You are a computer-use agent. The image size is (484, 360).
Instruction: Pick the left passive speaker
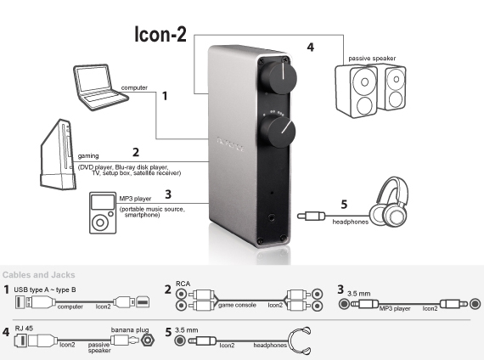(x=358, y=90)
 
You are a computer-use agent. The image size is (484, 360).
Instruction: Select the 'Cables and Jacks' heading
(x=39, y=274)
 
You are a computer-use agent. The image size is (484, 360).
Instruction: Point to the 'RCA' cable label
(x=183, y=285)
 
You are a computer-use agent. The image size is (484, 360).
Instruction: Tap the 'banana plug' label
(x=128, y=326)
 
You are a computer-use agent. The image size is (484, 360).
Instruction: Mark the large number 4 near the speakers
(x=310, y=48)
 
